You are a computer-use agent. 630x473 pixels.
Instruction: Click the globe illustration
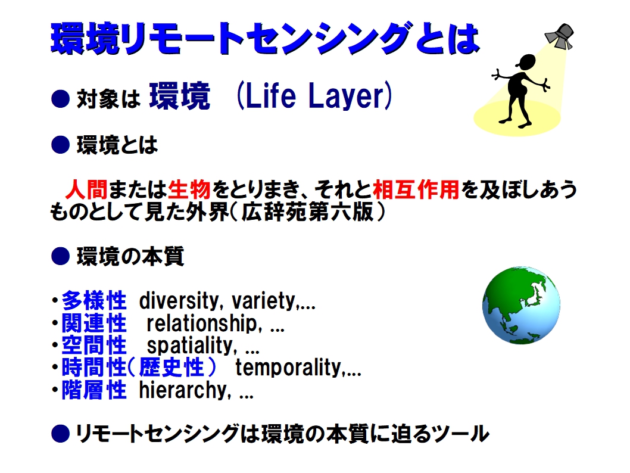tap(521, 305)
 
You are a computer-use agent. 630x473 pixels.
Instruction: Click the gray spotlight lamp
tap(560, 36)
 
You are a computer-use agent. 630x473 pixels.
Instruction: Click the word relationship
tap(202, 323)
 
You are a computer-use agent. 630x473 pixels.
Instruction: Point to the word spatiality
tap(189, 346)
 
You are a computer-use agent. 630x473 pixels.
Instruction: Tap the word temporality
tap(289, 368)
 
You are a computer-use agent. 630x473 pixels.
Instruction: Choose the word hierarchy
tap(183, 390)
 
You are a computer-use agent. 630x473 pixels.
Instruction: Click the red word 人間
tap(87, 189)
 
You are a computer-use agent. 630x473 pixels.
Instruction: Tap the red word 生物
tap(189, 189)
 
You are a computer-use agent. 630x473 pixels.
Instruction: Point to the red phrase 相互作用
tap(416, 189)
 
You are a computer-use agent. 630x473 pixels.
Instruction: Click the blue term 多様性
tap(94, 301)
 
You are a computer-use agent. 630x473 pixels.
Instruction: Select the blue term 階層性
tap(94, 390)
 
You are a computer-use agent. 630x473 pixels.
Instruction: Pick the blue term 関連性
tap(94, 323)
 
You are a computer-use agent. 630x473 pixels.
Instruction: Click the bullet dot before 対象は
tap(61, 98)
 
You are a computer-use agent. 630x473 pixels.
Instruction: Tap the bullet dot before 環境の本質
tap(61, 256)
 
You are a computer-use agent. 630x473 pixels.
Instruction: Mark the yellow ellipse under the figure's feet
tap(517, 117)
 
